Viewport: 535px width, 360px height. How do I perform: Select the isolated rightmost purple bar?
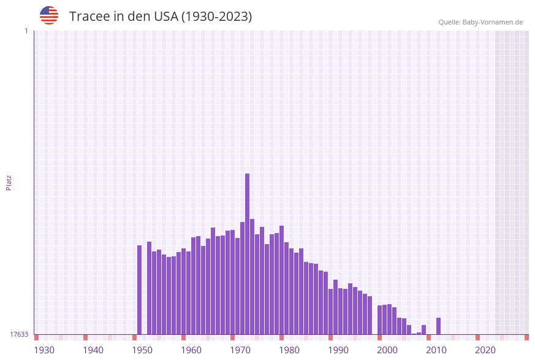[x=438, y=326]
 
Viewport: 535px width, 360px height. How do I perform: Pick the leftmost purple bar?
[x=139, y=289]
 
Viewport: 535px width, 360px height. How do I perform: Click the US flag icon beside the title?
[x=49, y=15]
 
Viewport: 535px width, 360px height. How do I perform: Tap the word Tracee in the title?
[x=89, y=17]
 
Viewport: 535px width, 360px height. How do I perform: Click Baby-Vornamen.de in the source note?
[x=493, y=22]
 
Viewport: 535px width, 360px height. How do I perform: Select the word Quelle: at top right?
[x=449, y=22]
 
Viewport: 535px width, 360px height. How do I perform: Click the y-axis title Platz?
[x=9, y=182]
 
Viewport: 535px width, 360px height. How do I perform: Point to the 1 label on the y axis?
[x=26, y=31]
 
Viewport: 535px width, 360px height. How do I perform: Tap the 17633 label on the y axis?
[x=19, y=334]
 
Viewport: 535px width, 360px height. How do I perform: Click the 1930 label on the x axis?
[x=44, y=350]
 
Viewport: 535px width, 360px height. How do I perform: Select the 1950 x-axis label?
[x=142, y=350]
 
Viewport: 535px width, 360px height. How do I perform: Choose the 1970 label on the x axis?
[x=240, y=350]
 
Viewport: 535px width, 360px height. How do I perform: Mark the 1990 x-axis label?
[x=338, y=350]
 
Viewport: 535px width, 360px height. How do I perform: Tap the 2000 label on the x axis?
[x=387, y=350]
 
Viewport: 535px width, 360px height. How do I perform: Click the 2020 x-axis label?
[x=485, y=350]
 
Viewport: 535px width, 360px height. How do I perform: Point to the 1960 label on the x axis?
[x=191, y=350]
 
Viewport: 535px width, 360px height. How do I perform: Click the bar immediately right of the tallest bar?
[x=252, y=276]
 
